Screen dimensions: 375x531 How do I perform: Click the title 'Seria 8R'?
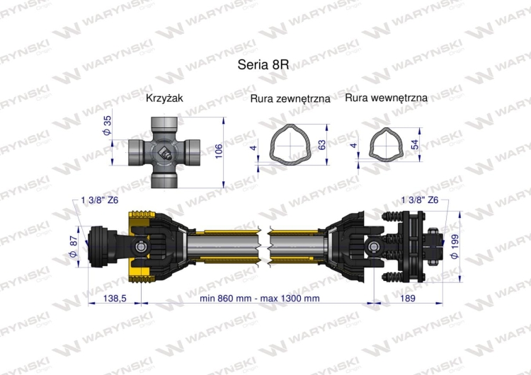tap(265, 64)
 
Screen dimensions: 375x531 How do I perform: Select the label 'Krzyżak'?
tap(164, 99)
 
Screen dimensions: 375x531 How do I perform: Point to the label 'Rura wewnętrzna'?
tap(386, 99)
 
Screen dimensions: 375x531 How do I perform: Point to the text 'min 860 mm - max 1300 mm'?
tap(259, 299)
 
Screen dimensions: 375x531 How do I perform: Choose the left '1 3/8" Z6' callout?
tap(101, 200)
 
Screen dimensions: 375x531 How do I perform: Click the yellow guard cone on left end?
tap(139, 245)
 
